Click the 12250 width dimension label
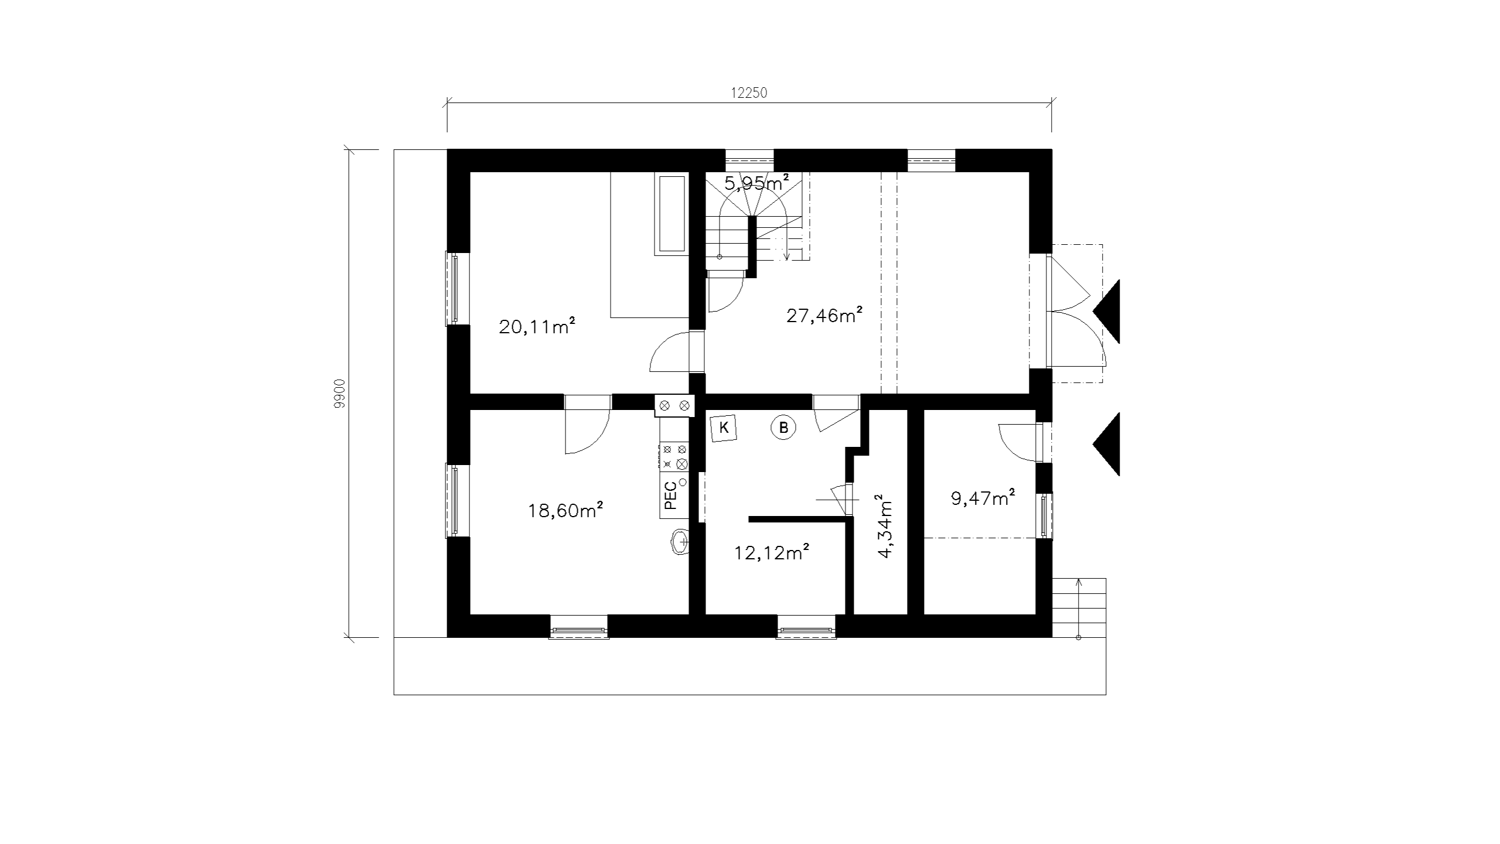(x=749, y=93)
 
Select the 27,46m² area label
(x=824, y=315)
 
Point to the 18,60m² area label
(x=565, y=510)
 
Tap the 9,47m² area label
(x=983, y=498)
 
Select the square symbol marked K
(x=724, y=428)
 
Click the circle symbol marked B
(x=783, y=428)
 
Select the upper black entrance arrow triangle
(x=1107, y=311)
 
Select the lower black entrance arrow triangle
(x=1107, y=444)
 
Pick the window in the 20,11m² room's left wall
(x=453, y=288)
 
